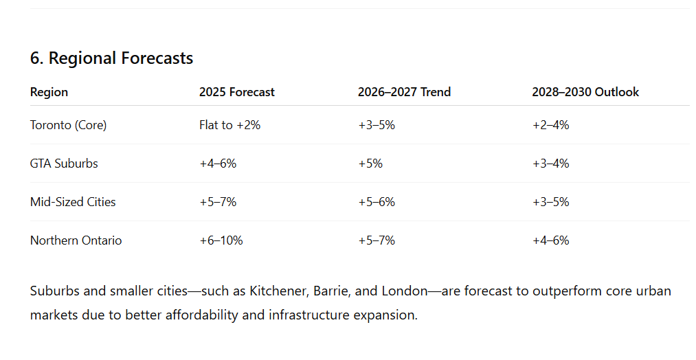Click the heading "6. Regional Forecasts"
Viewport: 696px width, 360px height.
[x=111, y=58]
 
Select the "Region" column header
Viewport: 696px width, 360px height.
[x=49, y=92]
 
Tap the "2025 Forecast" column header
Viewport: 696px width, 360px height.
[x=236, y=92]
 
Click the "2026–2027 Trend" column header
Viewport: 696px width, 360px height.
[x=404, y=92]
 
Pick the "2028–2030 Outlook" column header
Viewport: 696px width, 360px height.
[x=585, y=92]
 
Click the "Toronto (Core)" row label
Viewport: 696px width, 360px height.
[x=68, y=125]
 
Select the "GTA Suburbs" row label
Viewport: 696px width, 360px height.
[x=64, y=164]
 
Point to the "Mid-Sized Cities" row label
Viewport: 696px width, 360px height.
[x=73, y=202]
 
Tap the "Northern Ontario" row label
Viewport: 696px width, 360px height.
[x=76, y=240]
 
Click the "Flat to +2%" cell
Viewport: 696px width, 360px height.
[x=229, y=125]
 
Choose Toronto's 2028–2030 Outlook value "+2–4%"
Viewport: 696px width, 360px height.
[x=550, y=125]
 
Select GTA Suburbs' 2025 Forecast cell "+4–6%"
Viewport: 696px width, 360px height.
[x=218, y=164]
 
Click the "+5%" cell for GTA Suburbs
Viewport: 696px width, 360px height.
[x=370, y=164]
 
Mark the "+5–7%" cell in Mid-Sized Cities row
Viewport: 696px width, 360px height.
[x=218, y=202]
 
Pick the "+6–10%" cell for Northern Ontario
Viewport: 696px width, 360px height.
[x=221, y=240]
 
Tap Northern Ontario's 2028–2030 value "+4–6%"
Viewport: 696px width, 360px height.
[x=550, y=240]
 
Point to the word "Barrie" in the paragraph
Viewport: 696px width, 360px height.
[x=330, y=291]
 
